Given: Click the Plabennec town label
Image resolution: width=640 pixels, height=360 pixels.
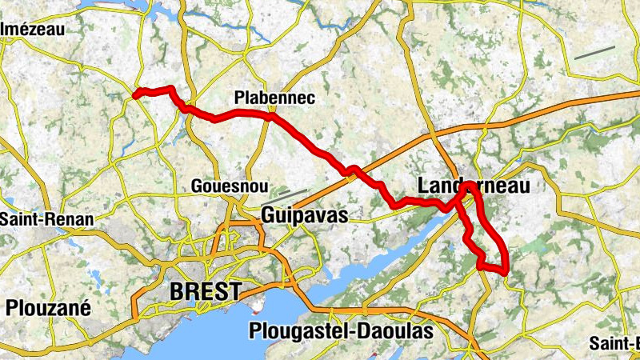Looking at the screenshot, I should (x=274, y=98).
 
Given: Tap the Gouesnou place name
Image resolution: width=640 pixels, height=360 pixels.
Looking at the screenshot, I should (x=228, y=186).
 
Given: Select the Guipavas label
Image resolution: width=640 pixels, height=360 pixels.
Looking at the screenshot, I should (x=305, y=215).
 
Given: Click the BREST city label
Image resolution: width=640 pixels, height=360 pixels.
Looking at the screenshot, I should (x=205, y=291).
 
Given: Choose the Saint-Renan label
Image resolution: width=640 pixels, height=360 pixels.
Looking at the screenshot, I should (x=46, y=218).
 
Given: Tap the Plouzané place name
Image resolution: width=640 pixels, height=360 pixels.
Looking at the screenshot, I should (x=48, y=307).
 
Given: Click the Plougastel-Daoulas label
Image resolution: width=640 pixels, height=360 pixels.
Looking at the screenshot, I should (x=341, y=330).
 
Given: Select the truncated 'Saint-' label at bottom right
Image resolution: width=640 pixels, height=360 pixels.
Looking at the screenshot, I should (x=614, y=342).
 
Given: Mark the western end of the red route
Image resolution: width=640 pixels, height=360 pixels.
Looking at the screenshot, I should (x=135, y=95).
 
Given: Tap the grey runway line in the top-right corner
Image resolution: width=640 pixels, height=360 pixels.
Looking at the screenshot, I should (x=594, y=52).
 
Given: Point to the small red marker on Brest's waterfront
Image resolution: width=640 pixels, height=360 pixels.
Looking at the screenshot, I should (x=257, y=305).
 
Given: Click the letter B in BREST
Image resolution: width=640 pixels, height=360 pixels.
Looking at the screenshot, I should (x=178, y=291).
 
